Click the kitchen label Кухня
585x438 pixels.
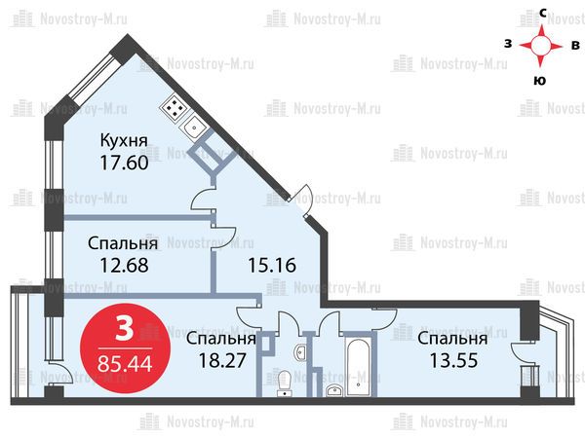(124, 141)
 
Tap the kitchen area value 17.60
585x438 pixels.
(124, 163)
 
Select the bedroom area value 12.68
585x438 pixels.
(124, 265)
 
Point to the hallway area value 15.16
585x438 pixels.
(272, 265)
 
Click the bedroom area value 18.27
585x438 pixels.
(222, 360)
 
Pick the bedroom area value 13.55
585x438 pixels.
(453, 360)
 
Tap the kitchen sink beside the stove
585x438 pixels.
(194, 127)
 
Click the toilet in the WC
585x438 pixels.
(285, 383)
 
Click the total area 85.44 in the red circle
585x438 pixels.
(125, 363)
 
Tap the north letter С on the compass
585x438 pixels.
(543, 14)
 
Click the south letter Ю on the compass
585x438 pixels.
(540, 81)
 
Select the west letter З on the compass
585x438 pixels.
(508, 44)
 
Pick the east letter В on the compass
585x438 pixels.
(575, 45)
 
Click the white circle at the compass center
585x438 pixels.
(540, 46)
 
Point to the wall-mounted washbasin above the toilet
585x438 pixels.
(300, 352)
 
